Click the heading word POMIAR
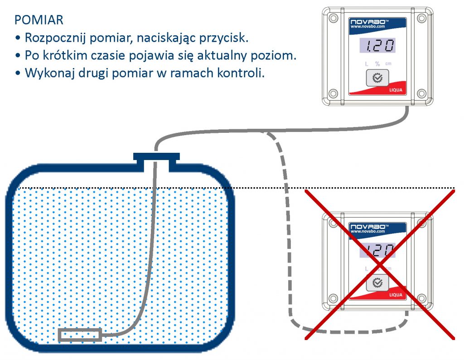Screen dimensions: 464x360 coord(39,20)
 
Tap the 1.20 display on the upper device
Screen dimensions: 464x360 coord(377,46)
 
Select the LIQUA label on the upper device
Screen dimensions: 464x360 coord(396,90)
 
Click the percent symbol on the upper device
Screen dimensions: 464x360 coord(377,63)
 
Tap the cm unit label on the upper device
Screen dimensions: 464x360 coord(388,63)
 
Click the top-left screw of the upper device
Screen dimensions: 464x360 coord(333,18)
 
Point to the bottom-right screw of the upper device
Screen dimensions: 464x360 coord(421,94)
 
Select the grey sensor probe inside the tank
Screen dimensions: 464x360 coord(80,335)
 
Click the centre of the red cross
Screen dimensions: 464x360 coord(380,264)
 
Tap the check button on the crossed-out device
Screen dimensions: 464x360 coord(377,283)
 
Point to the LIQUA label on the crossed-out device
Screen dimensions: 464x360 coord(396,295)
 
